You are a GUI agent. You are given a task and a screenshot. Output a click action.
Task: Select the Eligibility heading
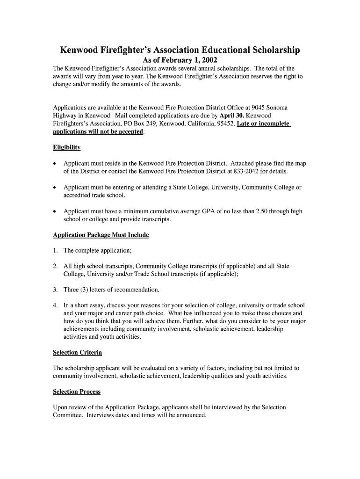pyautogui.click(x=66, y=147)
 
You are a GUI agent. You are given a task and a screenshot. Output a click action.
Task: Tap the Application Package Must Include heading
pyautogui.click(x=101, y=235)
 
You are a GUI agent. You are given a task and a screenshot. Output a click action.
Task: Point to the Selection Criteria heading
pyautogui.click(x=77, y=352)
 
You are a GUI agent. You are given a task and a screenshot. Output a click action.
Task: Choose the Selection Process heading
pyautogui.click(x=77, y=392)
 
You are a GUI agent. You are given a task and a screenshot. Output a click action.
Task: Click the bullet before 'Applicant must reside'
pyautogui.click(x=55, y=164)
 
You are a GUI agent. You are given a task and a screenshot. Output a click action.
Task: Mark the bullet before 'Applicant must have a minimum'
pyautogui.click(x=55, y=211)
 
